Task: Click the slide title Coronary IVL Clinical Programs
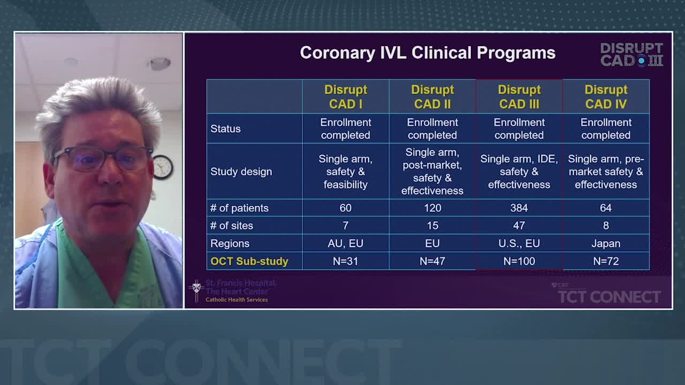[x=428, y=53]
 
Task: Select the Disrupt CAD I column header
[x=346, y=97]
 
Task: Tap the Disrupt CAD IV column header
[x=606, y=97]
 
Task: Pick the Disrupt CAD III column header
[x=519, y=97]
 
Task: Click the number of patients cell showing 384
[x=519, y=208]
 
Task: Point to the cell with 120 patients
[x=432, y=208]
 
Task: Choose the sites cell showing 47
[x=519, y=226]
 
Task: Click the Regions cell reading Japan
[x=606, y=243]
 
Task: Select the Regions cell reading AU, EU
[x=346, y=243]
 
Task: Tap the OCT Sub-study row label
[x=249, y=261]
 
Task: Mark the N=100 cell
[x=519, y=261]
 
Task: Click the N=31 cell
[x=346, y=261]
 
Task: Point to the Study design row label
[x=241, y=172]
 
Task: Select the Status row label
[x=225, y=129]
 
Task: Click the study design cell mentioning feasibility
[x=346, y=172]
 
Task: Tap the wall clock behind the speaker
[x=163, y=167]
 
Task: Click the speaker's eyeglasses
[x=102, y=159]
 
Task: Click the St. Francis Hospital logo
[x=233, y=291]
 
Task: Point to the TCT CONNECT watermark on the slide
[x=609, y=295]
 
